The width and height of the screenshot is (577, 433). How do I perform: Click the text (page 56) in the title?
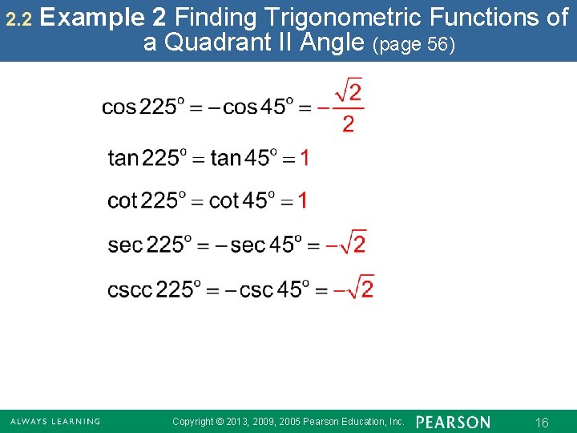tap(414, 45)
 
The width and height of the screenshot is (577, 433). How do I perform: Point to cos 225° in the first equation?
tap(143, 107)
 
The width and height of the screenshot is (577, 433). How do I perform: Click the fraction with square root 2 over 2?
tap(348, 107)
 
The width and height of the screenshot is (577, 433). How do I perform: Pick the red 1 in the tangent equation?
tap(305, 158)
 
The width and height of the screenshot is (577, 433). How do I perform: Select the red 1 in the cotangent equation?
tap(302, 200)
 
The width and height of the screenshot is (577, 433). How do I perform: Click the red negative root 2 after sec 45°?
tap(347, 243)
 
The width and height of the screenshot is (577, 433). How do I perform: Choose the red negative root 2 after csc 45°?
tap(354, 288)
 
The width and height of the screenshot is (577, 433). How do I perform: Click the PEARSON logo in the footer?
tap(454, 422)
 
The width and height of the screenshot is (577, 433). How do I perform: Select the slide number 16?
tap(542, 423)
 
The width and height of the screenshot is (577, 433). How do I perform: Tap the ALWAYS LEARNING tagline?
tap(55, 422)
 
